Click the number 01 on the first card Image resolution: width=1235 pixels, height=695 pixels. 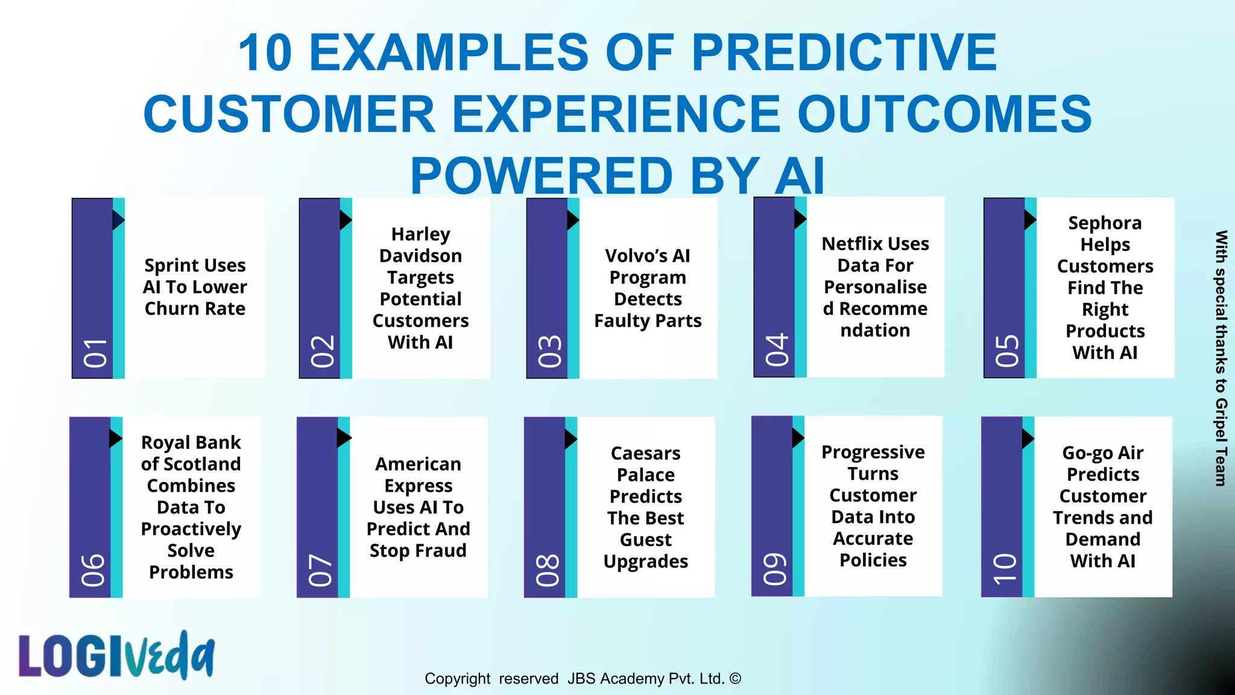point(95,353)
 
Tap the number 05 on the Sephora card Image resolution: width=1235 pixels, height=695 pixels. point(1007,351)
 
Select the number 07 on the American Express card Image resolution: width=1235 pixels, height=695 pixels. point(320,571)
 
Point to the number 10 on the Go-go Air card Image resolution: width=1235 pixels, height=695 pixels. point(1005,569)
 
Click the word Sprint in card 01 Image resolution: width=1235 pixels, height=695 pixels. point(169,265)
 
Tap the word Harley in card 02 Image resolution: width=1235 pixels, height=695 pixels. point(420,234)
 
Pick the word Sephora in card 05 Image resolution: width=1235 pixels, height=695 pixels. point(1105,223)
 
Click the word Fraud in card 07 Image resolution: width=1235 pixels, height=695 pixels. point(443,550)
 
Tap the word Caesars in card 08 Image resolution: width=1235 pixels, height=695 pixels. point(645,453)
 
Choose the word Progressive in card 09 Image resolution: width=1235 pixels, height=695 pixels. point(873,452)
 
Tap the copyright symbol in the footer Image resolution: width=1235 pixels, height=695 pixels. point(735,678)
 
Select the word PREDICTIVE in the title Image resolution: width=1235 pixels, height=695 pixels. point(844,52)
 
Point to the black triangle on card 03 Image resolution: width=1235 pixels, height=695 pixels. point(572,220)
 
